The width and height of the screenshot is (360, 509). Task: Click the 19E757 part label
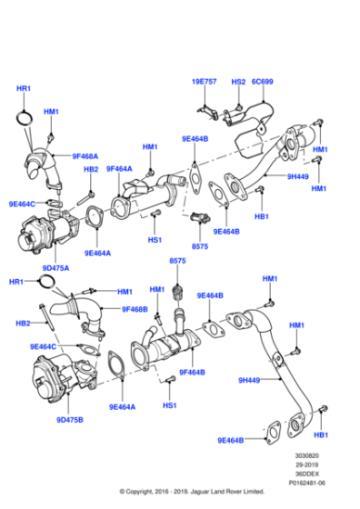pos(205,81)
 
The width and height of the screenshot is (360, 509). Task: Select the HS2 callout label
pos(238,81)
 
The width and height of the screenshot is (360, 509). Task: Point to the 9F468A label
pos(85,155)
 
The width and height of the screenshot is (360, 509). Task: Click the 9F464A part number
pos(119,169)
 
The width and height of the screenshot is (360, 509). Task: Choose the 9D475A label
pos(56,267)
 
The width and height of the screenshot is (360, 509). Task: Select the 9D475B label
pos(69,419)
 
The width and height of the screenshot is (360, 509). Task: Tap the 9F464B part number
pos(192,372)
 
